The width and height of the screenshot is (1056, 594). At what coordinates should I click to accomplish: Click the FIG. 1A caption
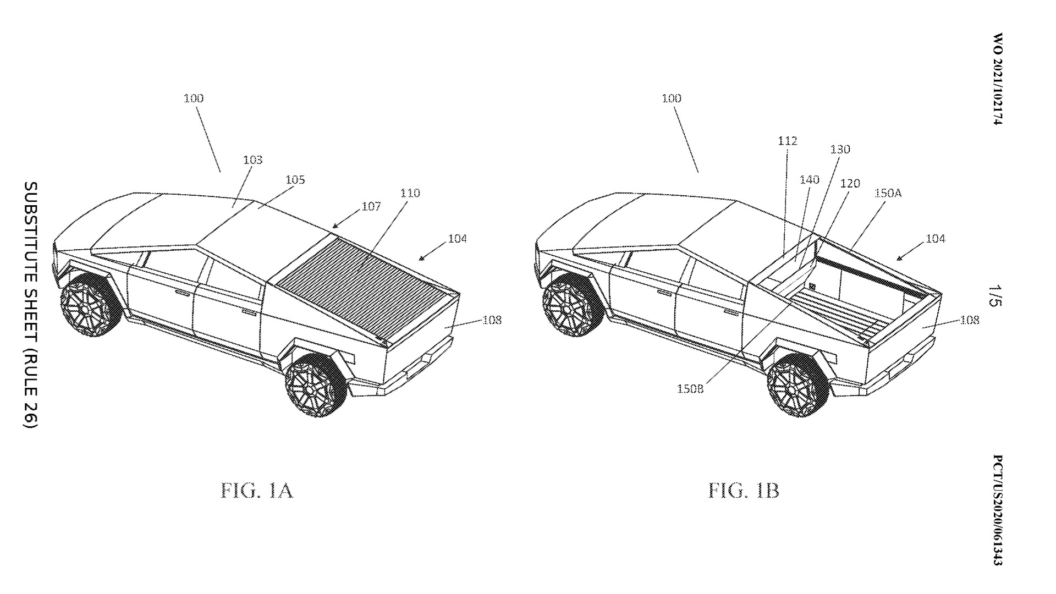tap(257, 490)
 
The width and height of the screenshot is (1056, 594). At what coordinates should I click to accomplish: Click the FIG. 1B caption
tap(743, 490)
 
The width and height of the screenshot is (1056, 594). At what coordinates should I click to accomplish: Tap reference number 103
tap(252, 160)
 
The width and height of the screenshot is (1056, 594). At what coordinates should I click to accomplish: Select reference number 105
tap(295, 180)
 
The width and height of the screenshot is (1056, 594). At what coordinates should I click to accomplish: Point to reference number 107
tap(371, 206)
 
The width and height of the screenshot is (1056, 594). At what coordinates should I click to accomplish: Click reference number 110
tap(410, 193)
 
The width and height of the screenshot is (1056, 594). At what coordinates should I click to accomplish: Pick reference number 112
tap(787, 141)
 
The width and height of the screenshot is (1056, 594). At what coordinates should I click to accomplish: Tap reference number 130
tap(840, 150)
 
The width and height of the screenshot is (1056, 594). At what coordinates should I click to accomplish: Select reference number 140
tap(810, 180)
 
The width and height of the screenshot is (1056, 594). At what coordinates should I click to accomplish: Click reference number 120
tap(850, 184)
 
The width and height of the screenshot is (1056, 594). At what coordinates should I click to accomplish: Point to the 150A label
tap(888, 194)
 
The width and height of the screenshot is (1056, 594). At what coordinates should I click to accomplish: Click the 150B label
tap(690, 389)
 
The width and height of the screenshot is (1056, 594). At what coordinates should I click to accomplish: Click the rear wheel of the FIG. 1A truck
tap(316, 386)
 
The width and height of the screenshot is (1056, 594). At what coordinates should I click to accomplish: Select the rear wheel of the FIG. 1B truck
tap(799, 386)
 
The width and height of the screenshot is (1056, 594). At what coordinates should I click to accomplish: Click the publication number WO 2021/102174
tap(998, 79)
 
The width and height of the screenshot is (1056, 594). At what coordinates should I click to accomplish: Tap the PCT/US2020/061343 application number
tap(998, 510)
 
